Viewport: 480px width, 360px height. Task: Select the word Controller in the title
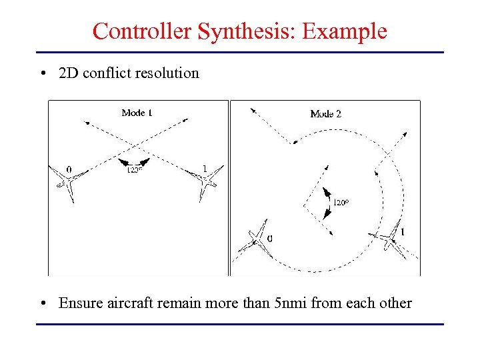pos(143,31)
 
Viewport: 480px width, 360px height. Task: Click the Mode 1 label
pos(137,113)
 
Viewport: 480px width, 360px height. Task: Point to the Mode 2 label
pos(326,114)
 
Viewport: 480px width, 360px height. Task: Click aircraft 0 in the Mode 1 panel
pos(70,182)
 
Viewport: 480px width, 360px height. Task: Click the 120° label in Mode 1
pos(134,170)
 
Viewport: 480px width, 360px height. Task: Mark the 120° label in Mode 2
pos(341,202)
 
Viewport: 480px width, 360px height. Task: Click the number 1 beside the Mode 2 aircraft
pos(403,232)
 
